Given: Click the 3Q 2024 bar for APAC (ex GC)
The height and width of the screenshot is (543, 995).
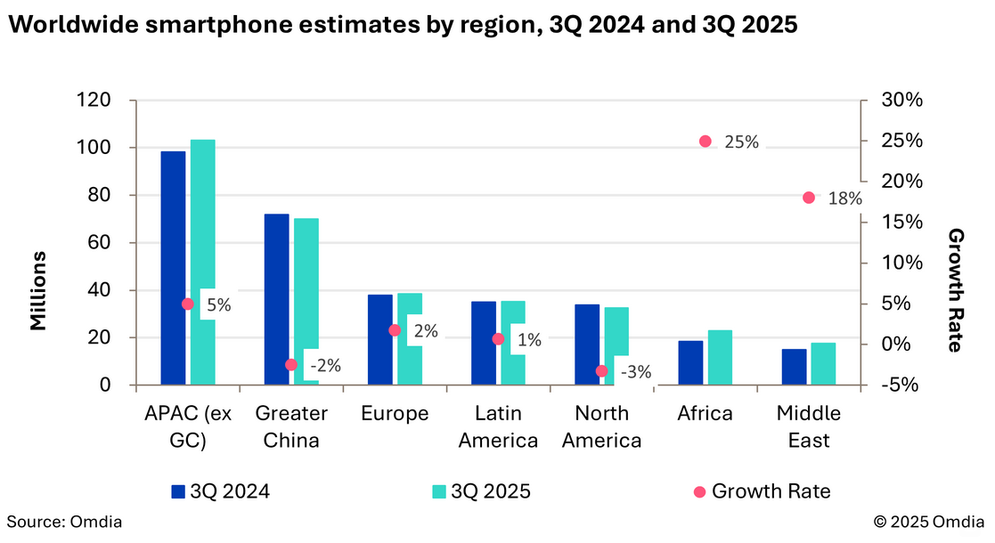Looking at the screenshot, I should [x=173, y=267].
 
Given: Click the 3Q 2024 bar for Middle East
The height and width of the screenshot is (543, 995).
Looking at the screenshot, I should [x=795, y=367].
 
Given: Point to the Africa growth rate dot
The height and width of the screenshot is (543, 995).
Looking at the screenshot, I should [x=705, y=141].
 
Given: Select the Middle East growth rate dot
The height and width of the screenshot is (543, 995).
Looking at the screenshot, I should [x=809, y=198].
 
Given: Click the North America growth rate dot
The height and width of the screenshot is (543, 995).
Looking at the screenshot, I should [x=602, y=371].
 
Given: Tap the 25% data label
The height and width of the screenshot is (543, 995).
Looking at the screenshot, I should [x=741, y=142].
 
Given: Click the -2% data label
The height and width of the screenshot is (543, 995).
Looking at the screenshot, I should [x=324, y=365].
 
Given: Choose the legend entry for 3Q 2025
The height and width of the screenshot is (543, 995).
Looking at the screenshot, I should [x=481, y=491].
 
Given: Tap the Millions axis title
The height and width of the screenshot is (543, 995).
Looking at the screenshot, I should [x=38, y=290].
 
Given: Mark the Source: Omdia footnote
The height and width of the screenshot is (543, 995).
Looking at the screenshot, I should [x=64, y=522].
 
